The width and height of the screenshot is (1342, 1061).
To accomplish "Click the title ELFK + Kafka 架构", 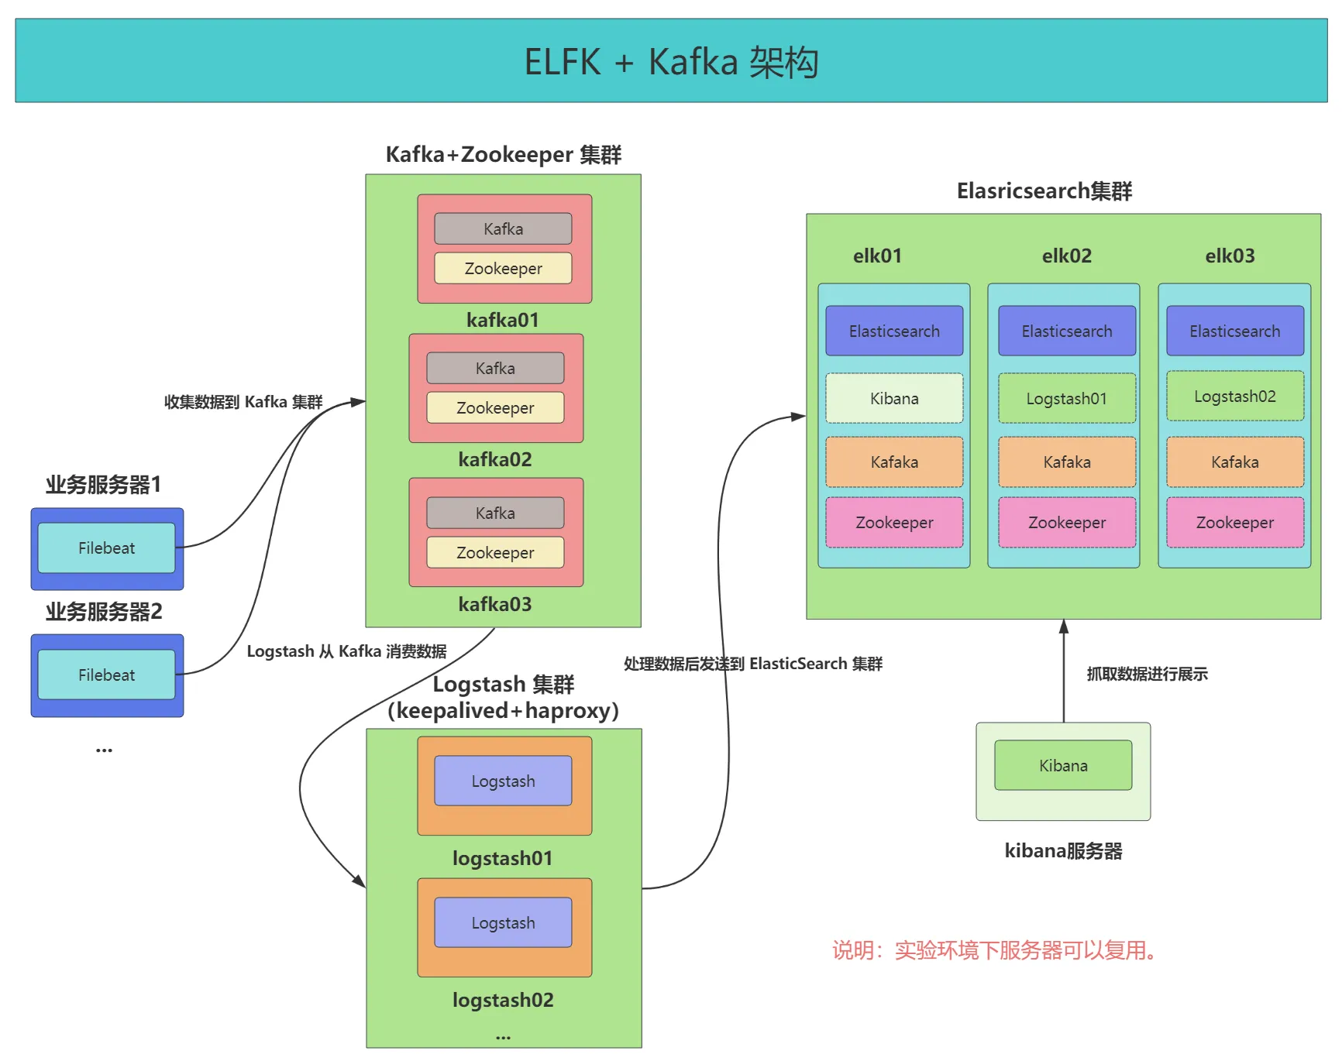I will pos(671,62).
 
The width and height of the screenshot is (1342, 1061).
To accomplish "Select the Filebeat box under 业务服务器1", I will pos(107,548).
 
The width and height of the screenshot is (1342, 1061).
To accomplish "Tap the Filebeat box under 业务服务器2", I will pos(107,675).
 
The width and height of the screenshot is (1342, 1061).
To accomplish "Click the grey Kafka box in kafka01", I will pos(503,229).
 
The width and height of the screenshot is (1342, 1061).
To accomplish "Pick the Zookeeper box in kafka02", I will pos(495,408).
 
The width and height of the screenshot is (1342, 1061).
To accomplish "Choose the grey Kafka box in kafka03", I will pos(495,513).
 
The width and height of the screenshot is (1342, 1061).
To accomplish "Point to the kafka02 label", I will pos(495,460).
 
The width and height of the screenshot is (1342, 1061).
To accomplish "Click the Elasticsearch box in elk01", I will pos(894,331).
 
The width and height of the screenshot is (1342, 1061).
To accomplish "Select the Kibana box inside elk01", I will pos(894,399).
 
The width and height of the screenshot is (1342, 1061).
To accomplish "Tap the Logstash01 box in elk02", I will pos(1067,399).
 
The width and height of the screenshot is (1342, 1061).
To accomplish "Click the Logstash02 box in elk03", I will pos(1235,397).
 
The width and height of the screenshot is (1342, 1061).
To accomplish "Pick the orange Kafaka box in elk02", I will pos(1067,462).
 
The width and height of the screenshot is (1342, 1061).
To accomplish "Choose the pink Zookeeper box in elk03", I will pos(1235,523).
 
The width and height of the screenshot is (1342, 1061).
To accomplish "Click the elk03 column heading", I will pos(1230,256).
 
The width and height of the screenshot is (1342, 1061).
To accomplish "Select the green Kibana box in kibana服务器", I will pos(1063,766).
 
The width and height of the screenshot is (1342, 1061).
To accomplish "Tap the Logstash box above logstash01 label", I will pos(503,781).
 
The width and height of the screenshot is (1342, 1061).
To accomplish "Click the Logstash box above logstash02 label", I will pos(503,923).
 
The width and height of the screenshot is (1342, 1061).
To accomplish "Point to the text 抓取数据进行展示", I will pos(1147,675).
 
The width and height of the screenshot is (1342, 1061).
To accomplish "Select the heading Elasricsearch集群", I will pos(1044,191).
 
